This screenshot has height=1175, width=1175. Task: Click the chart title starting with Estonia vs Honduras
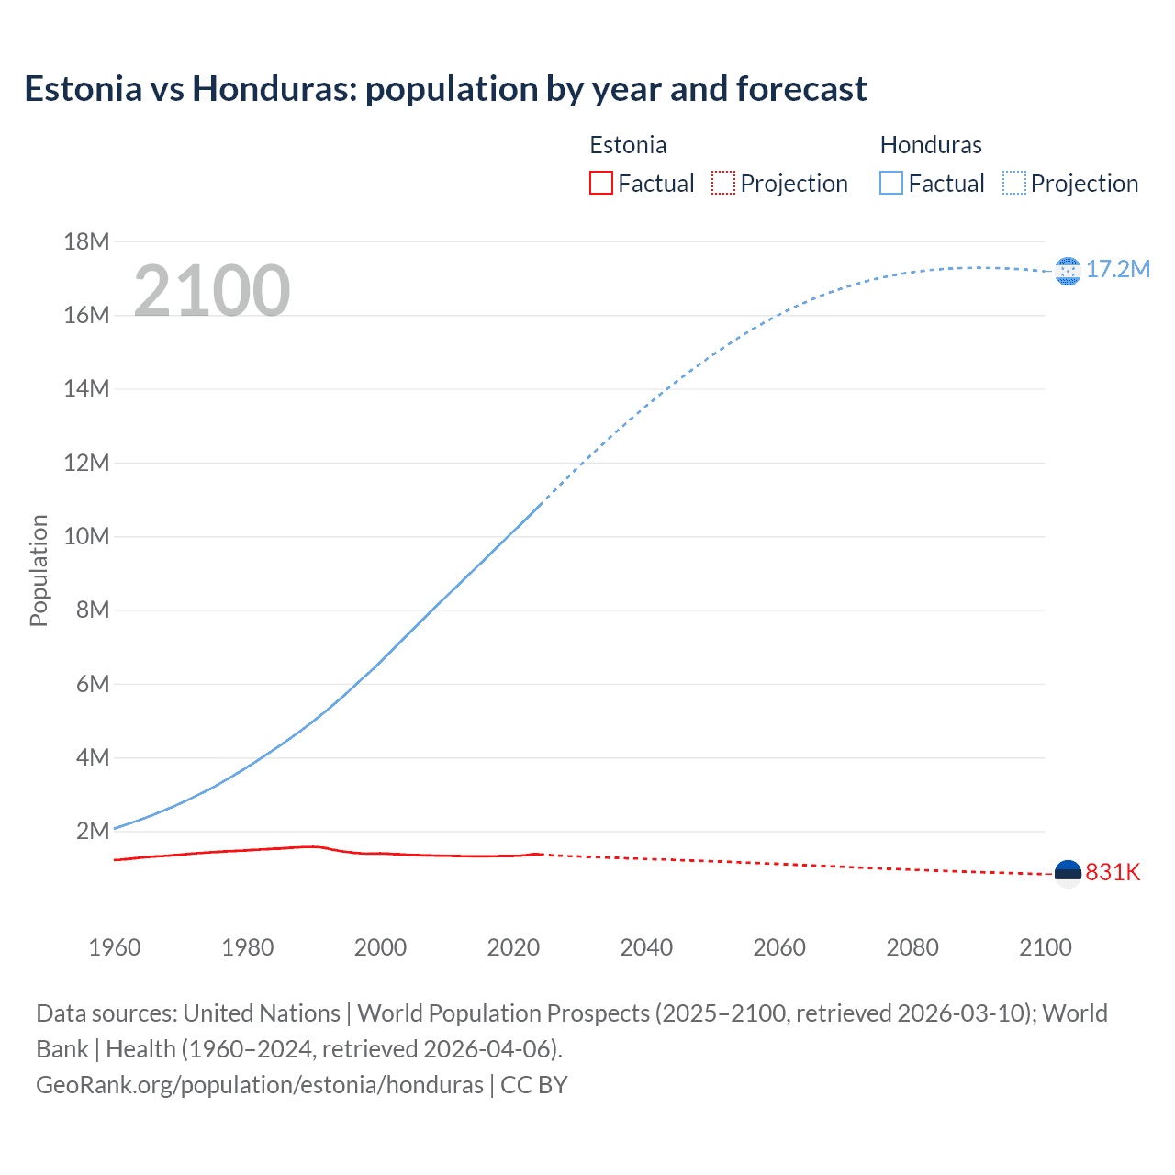point(445,89)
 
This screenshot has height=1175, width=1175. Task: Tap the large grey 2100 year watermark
point(212,291)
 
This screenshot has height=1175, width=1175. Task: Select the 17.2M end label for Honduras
point(1117,269)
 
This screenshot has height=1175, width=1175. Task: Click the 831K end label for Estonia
point(1113,872)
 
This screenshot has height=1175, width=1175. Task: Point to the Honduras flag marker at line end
point(1068,272)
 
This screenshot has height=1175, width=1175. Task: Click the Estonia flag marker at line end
point(1068,874)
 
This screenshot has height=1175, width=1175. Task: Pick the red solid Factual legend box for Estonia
point(601,184)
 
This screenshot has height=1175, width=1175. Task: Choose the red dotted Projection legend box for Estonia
point(723,184)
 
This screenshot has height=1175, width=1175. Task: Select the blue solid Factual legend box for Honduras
point(891,184)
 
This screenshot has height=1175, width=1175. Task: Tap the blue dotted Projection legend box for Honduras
point(1013,184)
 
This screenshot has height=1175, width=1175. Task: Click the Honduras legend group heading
point(931,145)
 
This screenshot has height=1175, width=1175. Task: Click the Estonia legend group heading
point(628,145)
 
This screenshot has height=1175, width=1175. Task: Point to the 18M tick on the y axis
point(86,241)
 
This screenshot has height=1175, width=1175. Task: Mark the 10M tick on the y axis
point(86,536)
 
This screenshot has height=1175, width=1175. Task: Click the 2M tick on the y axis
point(92,831)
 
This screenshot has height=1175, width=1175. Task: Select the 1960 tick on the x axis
point(115,947)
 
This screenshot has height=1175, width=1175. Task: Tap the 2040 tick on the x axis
point(646,947)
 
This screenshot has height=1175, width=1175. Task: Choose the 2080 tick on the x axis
point(912,947)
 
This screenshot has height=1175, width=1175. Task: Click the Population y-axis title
point(39,570)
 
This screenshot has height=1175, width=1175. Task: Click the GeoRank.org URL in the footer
point(260,1085)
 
